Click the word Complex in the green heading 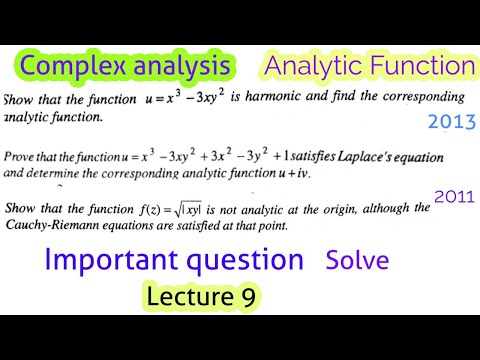[x=67, y=67]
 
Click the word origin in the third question [x=360, y=209]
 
